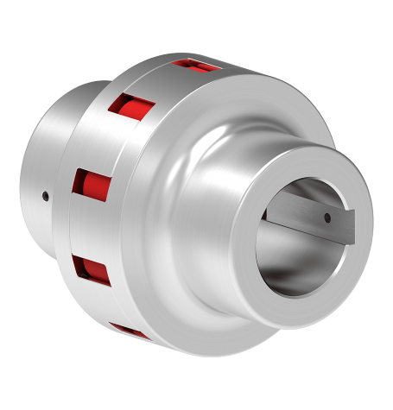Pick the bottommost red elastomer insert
(x=130, y=331)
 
